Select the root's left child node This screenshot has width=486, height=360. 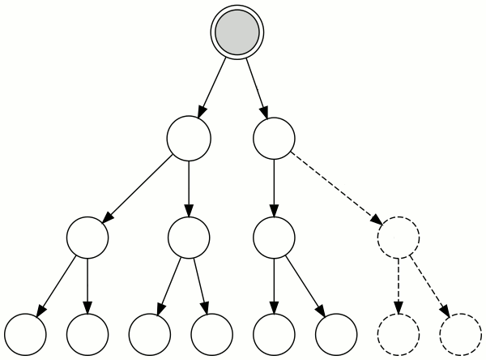pyautogui.click(x=189, y=137)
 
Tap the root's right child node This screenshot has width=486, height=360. pyautogui.click(x=275, y=137)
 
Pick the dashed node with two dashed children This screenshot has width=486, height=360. pyautogui.click(x=399, y=238)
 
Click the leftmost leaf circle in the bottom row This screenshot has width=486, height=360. pyautogui.click(x=24, y=332)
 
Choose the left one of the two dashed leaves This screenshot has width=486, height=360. pyautogui.click(x=399, y=332)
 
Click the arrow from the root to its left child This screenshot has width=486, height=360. pyautogui.click(x=213, y=85)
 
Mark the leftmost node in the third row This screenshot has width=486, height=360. pyautogui.click(x=87, y=238)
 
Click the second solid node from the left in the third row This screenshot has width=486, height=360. pyautogui.click(x=189, y=238)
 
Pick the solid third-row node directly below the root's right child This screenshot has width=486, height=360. pyautogui.click(x=275, y=238)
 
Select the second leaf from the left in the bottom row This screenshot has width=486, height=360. pyautogui.click(x=87, y=332)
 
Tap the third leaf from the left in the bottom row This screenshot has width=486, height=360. pyautogui.click(x=151, y=332)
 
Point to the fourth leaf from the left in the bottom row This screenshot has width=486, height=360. pyautogui.click(x=212, y=332)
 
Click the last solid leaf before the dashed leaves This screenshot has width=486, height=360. pyautogui.click(x=336, y=332)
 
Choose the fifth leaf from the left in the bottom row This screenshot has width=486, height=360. pyautogui.click(x=275, y=332)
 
